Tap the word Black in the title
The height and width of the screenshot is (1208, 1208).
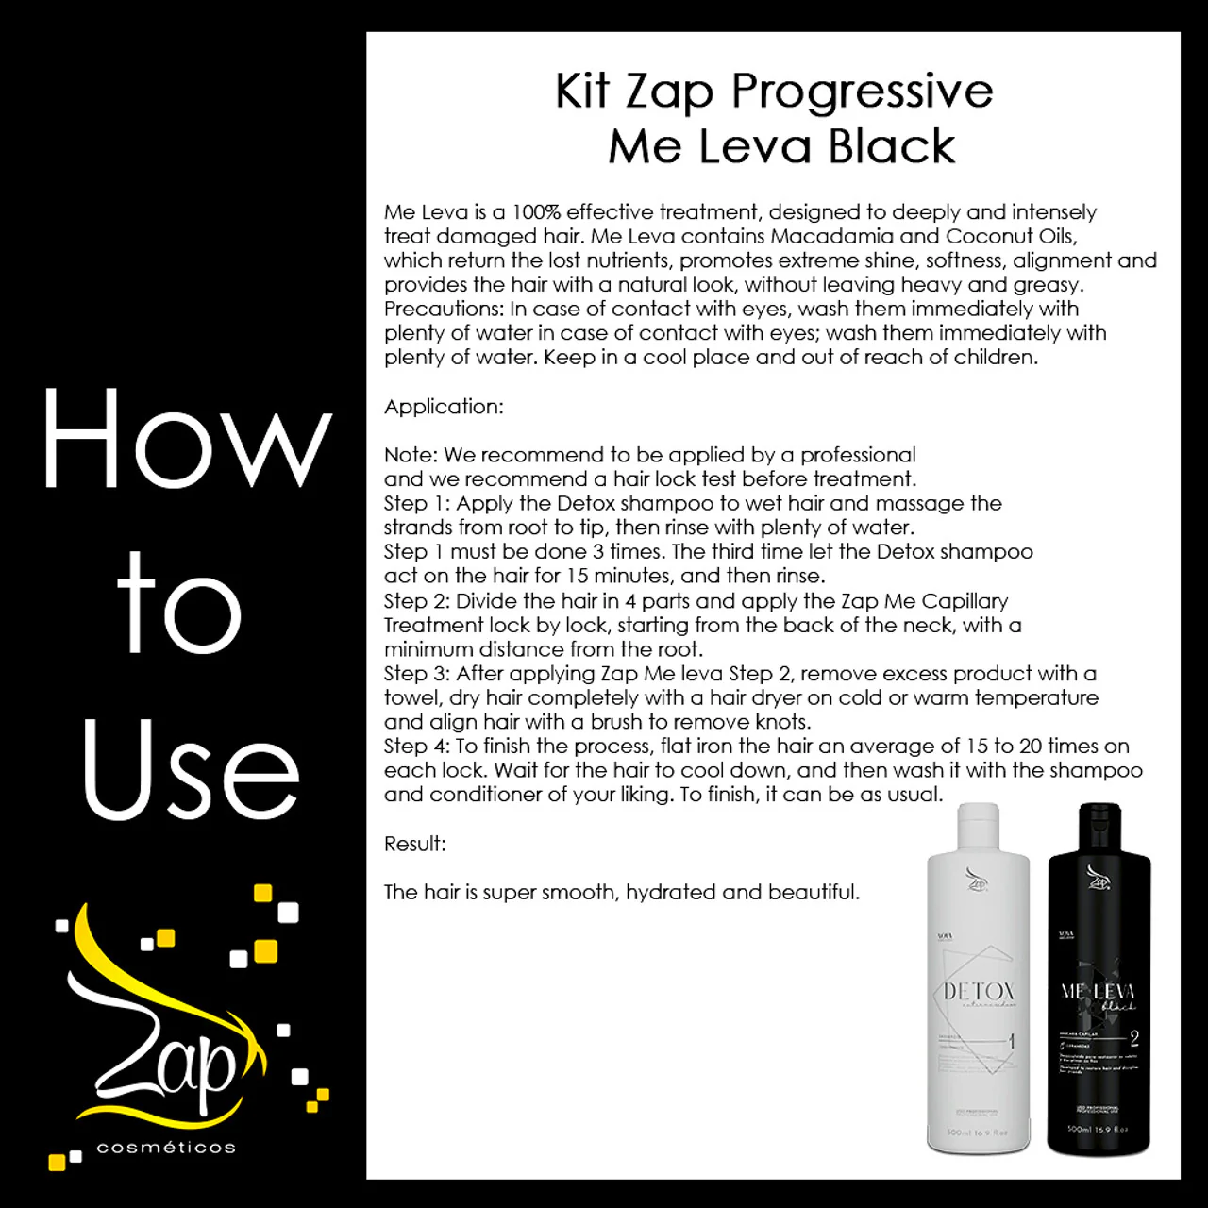(x=891, y=147)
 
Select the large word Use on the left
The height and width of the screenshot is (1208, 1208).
(x=191, y=770)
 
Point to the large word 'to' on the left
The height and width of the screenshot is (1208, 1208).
(x=179, y=605)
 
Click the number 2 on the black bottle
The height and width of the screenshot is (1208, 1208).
(x=1133, y=1039)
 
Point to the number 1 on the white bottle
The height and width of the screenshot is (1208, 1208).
(x=1012, y=1042)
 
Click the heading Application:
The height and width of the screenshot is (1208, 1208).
(x=444, y=407)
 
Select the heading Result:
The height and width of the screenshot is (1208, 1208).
(x=414, y=844)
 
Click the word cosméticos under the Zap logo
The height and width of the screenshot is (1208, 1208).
(x=166, y=1148)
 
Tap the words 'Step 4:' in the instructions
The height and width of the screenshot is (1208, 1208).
(x=416, y=747)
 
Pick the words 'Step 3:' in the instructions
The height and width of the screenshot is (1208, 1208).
(x=416, y=674)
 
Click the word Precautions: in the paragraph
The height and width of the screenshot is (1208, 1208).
(x=444, y=309)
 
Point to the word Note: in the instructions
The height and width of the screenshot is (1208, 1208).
(x=411, y=455)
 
